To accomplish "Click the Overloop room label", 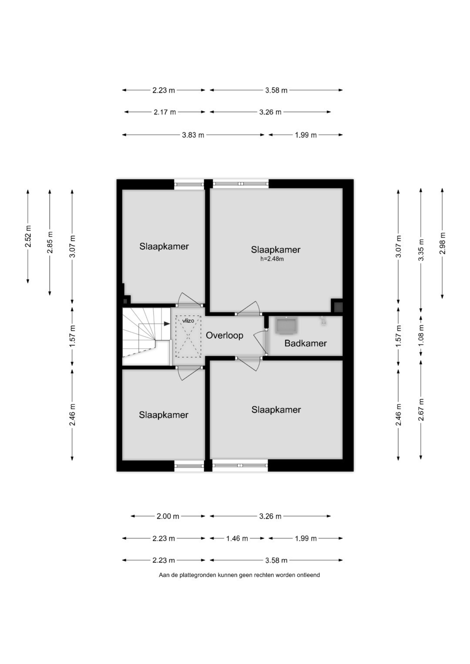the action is pos(224,335).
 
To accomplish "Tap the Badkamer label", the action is pos(305,343).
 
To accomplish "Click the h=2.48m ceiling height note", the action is pos(272,259).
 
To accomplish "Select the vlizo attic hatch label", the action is pos(188,321).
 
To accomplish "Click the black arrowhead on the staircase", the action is pos(167,324).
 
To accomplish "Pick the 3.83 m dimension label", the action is pos(193,135).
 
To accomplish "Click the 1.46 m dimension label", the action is pos(237,538).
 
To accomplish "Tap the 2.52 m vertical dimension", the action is pos(28,236).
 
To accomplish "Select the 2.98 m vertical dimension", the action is pos(442,243).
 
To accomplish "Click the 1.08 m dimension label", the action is pos(421,335).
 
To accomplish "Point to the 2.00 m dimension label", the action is pos(168,517).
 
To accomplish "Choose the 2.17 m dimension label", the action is pos(164,112).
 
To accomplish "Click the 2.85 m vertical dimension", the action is pos(50,242).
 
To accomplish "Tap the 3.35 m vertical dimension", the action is pos(421,250).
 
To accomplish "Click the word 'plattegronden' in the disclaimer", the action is pos(198,575).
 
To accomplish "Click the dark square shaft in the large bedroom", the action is pos(337,306).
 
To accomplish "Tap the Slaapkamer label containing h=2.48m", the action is pos(275,250).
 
